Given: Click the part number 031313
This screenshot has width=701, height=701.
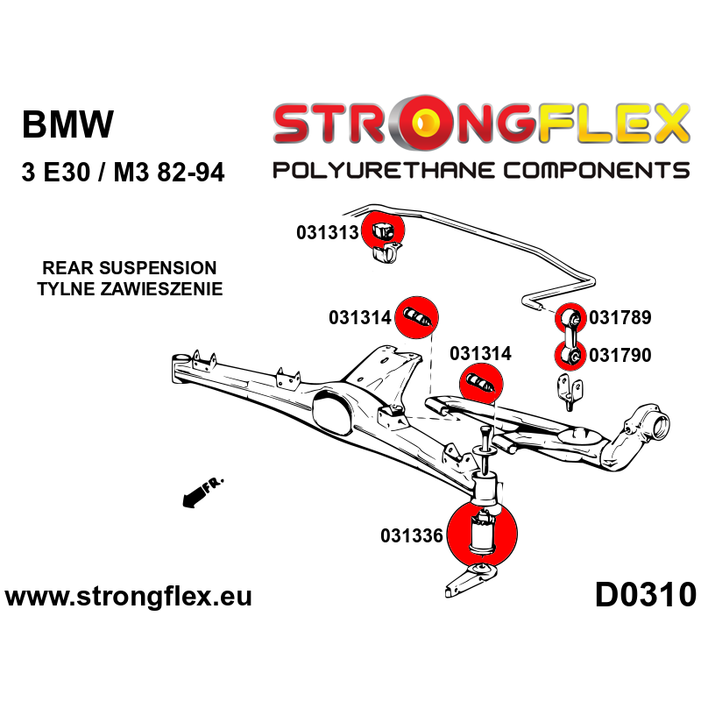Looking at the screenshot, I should (x=328, y=233).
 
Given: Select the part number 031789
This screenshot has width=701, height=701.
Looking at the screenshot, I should (x=620, y=318).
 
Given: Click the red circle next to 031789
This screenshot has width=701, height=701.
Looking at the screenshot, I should (x=571, y=316).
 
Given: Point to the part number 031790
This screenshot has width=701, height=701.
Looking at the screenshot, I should (x=620, y=356).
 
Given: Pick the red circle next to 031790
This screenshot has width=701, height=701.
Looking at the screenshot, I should (x=571, y=356).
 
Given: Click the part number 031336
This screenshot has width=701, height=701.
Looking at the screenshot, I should (x=412, y=535).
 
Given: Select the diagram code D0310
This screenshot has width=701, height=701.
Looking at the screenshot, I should (x=646, y=596).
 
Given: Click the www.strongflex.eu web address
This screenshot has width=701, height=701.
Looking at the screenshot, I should (x=129, y=597).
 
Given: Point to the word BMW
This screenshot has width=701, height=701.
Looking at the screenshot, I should (x=67, y=125).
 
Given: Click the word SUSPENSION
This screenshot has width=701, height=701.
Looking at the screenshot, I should (x=166, y=268).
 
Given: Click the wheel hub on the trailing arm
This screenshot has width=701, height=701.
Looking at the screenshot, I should (x=654, y=428).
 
